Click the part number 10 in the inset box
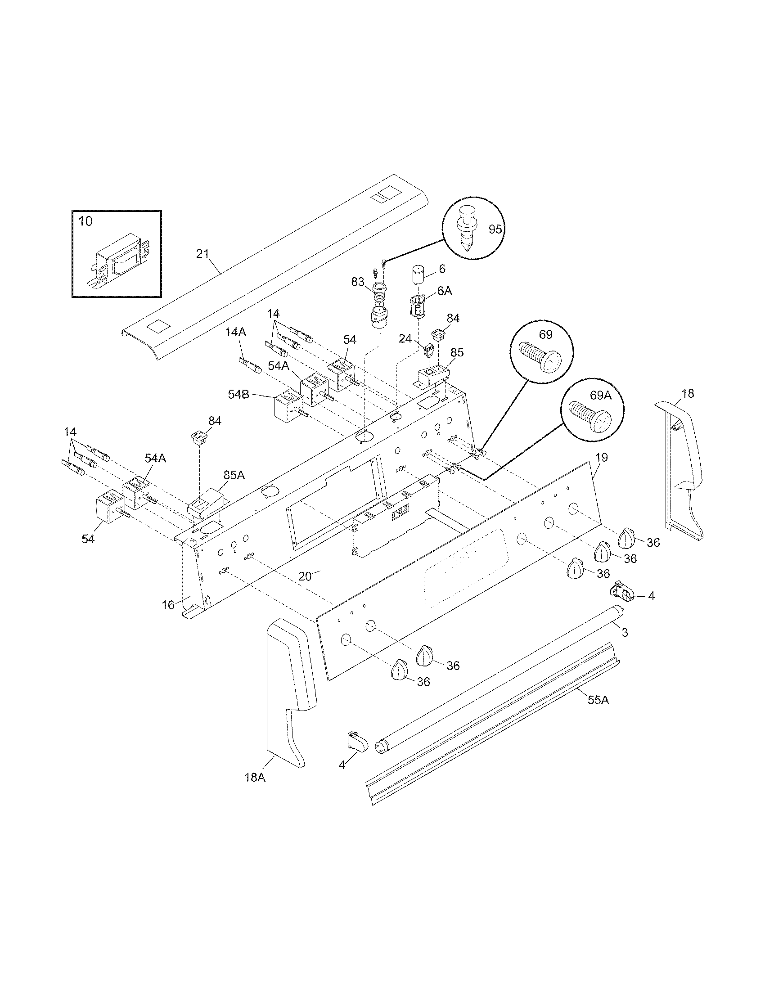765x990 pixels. point(85,222)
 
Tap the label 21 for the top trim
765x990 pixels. point(202,254)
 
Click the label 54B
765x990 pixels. point(239,394)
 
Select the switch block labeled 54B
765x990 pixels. point(288,405)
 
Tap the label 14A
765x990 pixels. point(236,332)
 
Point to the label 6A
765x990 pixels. point(445,291)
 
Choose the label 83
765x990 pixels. point(358,282)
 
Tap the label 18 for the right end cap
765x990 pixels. point(688,393)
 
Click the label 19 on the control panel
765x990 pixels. point(601,457)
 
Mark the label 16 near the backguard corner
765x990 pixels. point(168,605)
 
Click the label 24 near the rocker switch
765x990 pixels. point(405,338)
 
